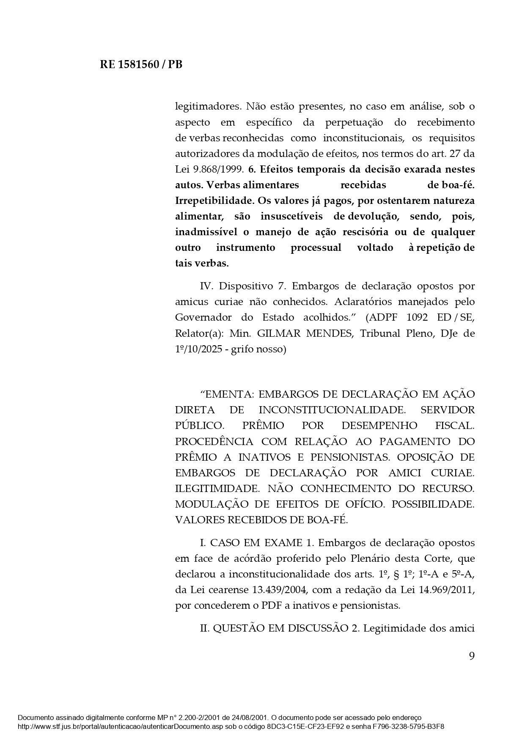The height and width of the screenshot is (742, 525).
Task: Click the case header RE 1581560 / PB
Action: [141, 65]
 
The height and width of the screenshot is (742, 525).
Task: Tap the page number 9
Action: [472, 656]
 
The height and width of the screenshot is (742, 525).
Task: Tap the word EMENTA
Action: [228, 394]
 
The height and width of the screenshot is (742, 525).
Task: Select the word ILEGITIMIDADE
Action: [217, 489]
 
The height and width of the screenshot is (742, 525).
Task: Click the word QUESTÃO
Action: [239, 628]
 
